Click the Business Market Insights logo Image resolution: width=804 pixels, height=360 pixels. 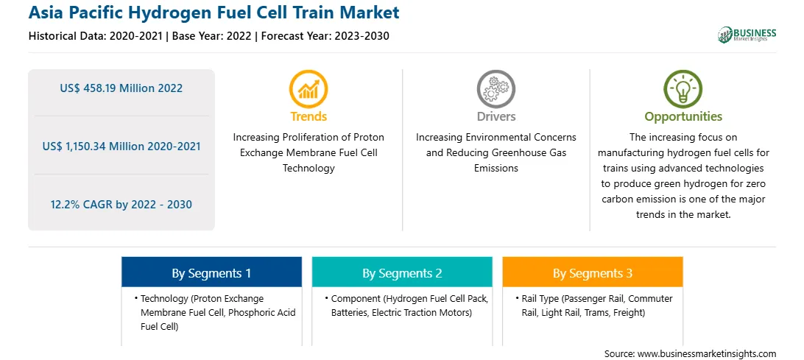coord(747,35)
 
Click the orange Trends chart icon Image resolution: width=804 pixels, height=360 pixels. coord(308,89)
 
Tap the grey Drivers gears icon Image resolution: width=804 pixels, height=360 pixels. coord(496,89)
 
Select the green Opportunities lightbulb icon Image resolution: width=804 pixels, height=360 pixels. coord(683,89)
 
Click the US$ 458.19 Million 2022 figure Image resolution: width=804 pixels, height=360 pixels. coord(121,88)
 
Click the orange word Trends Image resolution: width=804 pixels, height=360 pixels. coord(308,116)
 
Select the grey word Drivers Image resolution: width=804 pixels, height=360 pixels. coord(496,116)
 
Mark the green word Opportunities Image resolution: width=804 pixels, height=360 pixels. coord(683,116)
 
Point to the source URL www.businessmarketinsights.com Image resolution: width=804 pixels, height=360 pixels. coord(707,353)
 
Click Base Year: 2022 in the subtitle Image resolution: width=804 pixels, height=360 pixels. coord(212,36)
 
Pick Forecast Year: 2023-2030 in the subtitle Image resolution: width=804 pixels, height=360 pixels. coord(322,36)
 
